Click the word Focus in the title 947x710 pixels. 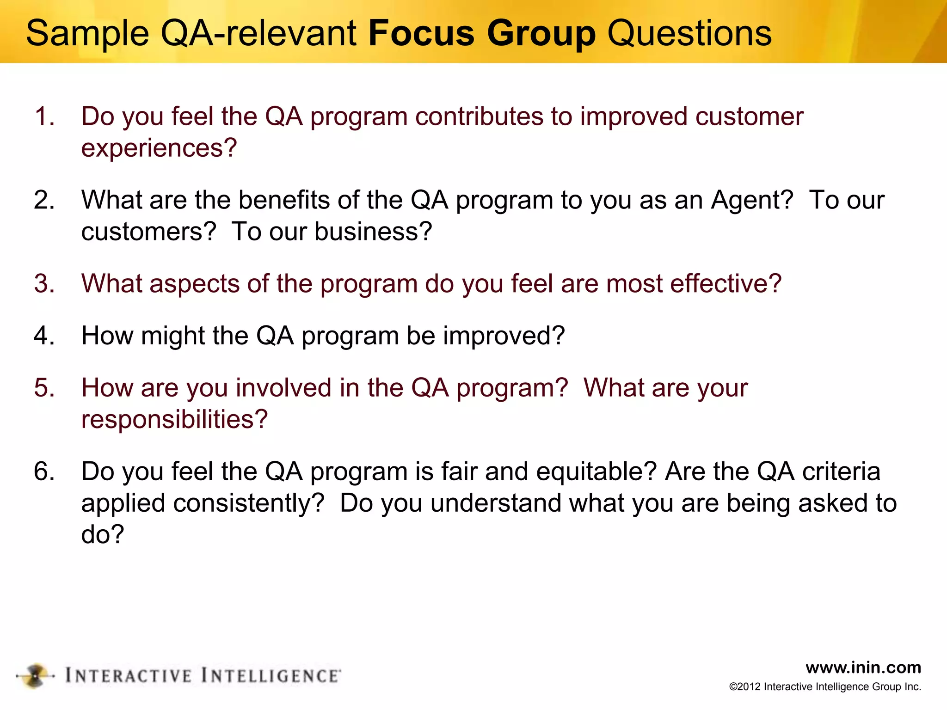[421, 33]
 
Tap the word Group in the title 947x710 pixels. [541, 33]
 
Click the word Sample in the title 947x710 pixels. [87, 33]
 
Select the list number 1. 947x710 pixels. [44, 116]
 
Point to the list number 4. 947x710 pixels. [44, 336]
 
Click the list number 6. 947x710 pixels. [44, 471]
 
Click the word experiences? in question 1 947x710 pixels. [159, 148]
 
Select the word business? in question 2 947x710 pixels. [373, 232]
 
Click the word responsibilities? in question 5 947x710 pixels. [174, 419]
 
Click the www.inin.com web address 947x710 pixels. [863, 667]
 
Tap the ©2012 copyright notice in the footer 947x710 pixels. [825, 687]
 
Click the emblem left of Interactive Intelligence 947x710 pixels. [35, 676]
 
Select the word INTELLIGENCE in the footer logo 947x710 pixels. [271, 676]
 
